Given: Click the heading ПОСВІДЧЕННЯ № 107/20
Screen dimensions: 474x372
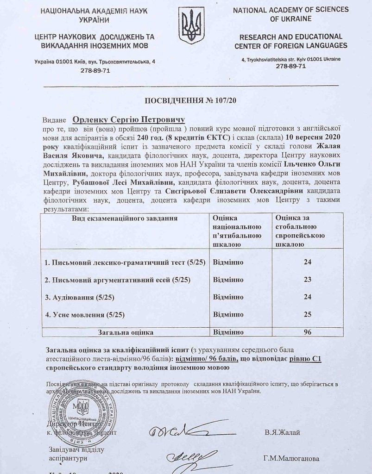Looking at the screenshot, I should click(x=185, y=100).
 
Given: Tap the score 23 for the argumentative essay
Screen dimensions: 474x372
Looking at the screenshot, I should click(x=305, y=280).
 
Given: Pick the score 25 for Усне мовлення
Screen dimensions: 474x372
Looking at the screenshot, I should click(x=305, y=315).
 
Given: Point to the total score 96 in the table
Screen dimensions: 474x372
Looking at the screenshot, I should click(x=305, y=332).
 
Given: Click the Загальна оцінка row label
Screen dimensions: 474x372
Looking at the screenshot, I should click(x=125, y=332).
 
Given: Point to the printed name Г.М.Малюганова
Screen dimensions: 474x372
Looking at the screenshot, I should click(x=291, y=459).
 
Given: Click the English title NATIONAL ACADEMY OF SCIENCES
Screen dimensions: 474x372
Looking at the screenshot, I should click(x=290, y=10).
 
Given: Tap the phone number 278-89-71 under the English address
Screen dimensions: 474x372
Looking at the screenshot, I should click(x=290, y=66).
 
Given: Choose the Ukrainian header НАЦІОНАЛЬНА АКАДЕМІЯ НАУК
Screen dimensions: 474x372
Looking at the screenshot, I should click(x=81, y=11).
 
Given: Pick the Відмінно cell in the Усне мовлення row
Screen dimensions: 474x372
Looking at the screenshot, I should click(x=228, y=315).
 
